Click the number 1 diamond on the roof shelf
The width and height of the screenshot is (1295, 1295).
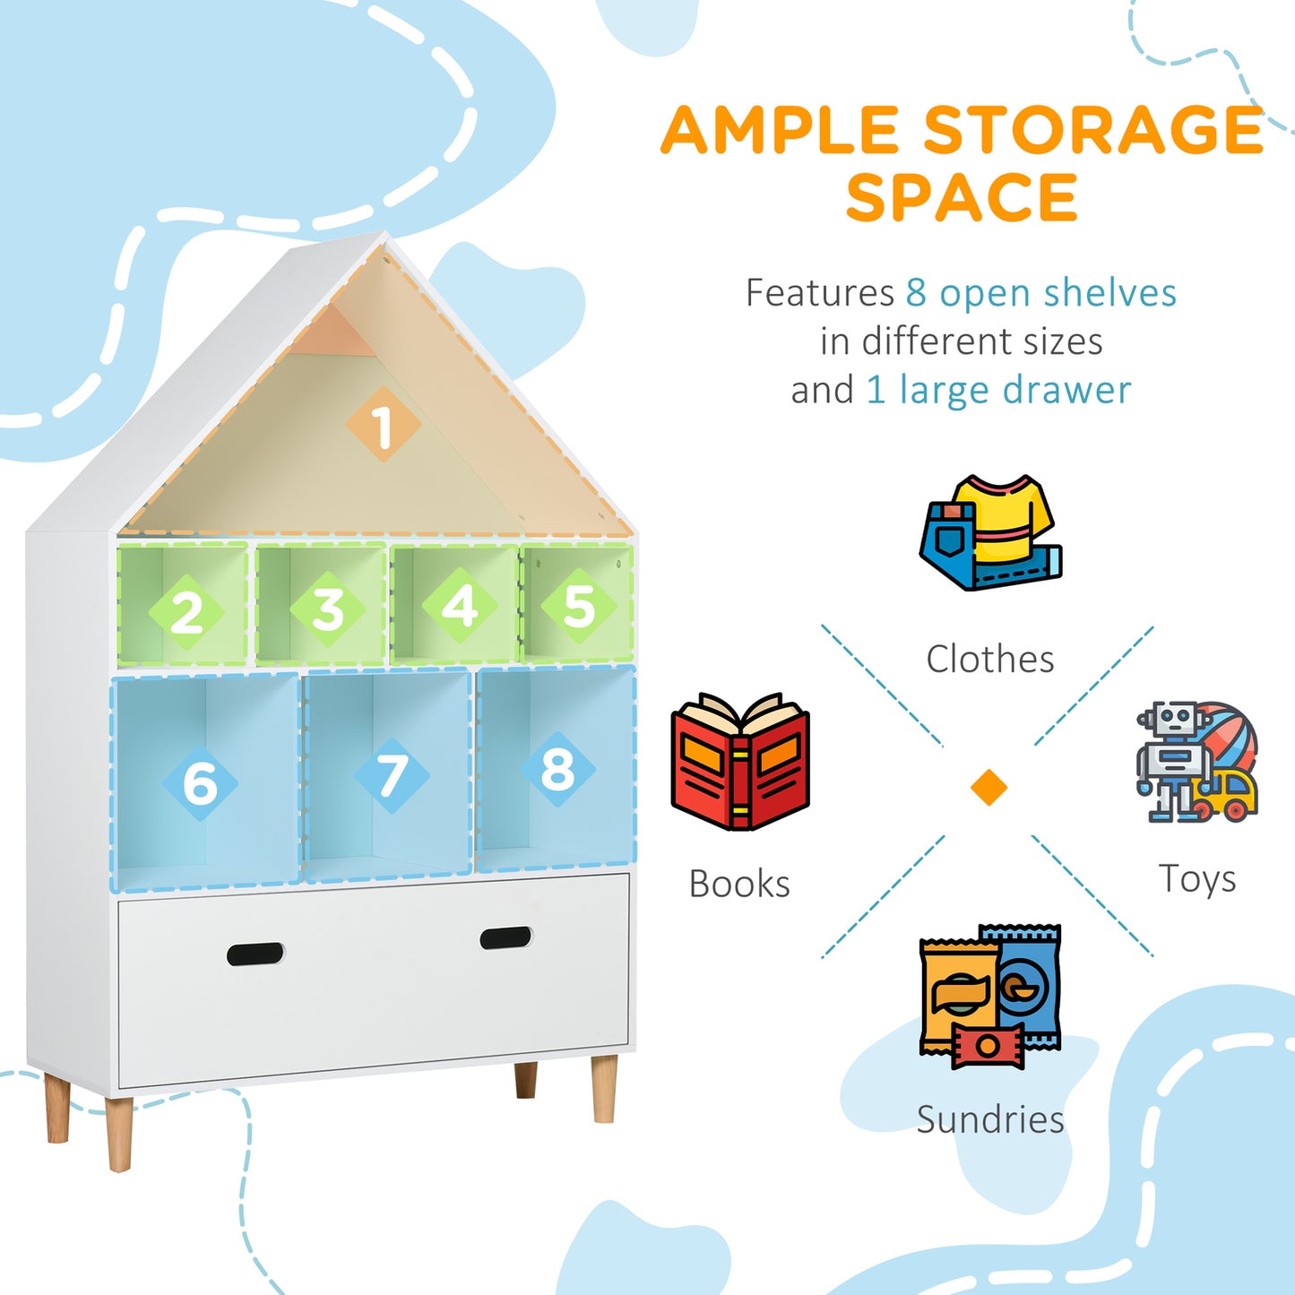(x=384, y=425)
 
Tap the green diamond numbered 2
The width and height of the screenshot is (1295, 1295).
(x=186, y=612)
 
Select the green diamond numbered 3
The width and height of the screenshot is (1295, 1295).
(x=328, y=609)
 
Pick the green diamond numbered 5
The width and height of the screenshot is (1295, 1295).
(x=579, y=606)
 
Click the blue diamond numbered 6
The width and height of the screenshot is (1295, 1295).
(x=200, y=782)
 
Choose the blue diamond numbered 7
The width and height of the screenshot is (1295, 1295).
(x=392, y=775)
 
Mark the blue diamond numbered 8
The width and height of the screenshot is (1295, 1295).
(x=557, y=768)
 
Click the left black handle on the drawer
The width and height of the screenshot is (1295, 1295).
(x=255, y=954)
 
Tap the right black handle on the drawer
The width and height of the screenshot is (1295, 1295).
(x=505, y=937)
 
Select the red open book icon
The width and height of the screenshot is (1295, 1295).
(x=740, y=761)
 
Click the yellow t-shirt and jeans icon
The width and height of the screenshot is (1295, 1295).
(x=990, y=532)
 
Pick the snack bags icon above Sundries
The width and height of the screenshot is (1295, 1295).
(x=990, y=996)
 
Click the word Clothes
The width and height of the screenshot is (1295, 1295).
(x=990, y=659)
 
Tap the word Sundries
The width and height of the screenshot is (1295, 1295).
(x=990, y=1119)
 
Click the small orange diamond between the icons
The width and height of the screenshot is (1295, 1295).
(x=989, y=788)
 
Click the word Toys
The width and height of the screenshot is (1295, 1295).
(x=1197, y=879)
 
